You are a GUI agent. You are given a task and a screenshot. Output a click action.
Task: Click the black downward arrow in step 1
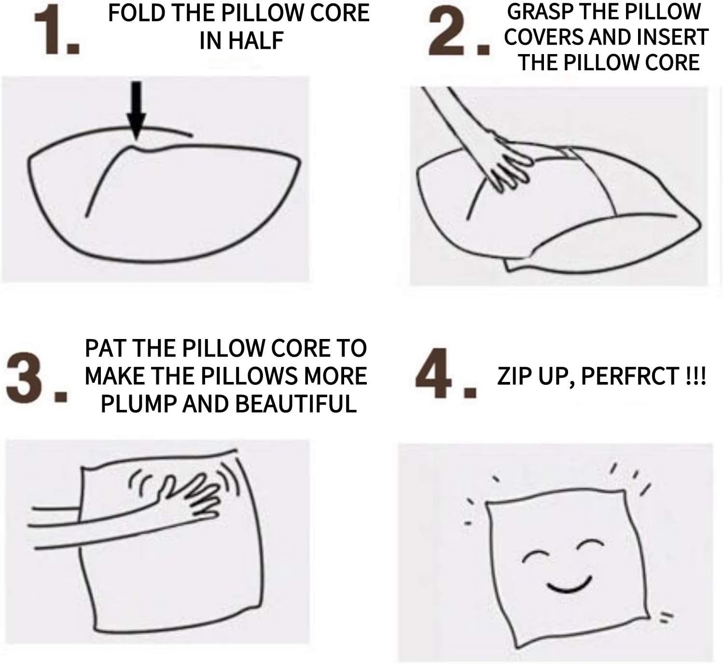coord(136,110)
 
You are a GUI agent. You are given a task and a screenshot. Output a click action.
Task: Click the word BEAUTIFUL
coord(296,404)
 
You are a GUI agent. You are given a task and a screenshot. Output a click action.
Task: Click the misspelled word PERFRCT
coord(630,376)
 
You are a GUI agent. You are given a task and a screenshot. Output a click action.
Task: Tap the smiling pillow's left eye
coord(535,555)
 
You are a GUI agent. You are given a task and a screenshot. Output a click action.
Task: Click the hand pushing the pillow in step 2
coord(509,164)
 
